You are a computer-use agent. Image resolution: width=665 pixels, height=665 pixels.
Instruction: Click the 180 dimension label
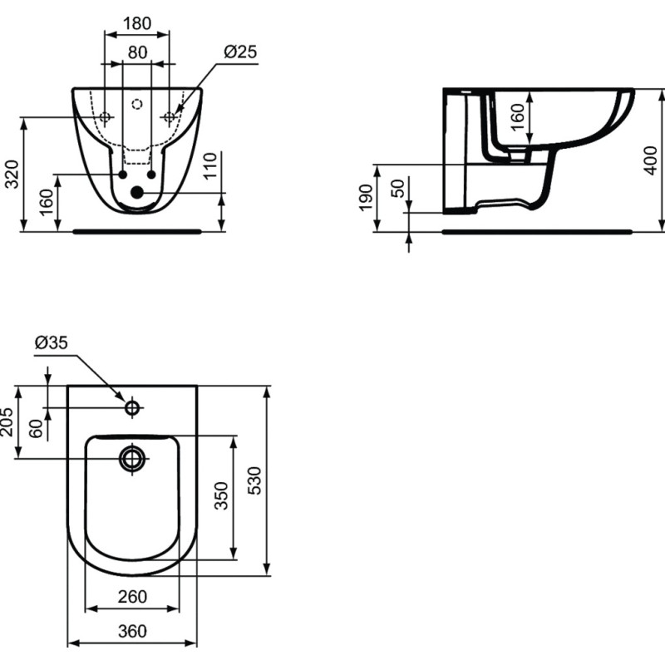[136, 23]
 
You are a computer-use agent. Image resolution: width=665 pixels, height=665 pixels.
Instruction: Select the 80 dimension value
[137, 52]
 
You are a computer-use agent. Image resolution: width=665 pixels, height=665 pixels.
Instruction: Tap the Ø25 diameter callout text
[240, 52]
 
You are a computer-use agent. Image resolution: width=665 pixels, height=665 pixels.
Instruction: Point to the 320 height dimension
[12, 174]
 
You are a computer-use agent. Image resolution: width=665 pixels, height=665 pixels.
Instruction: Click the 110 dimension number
[210, 165]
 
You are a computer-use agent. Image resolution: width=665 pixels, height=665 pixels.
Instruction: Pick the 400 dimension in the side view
[650, 160]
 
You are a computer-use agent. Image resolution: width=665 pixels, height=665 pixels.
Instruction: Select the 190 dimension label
[366, 197]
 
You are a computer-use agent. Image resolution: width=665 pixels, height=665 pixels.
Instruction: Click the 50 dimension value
[398, 189]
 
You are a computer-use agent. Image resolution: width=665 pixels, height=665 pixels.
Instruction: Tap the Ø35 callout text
[52, 342]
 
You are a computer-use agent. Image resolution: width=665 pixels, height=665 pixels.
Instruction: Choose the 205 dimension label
[7, 422]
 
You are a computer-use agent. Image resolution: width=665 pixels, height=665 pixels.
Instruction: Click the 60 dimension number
[36, 428]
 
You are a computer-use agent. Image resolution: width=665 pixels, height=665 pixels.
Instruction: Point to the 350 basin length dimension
[221, 495]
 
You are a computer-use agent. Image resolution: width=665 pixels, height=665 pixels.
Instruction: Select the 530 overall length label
[254, 480]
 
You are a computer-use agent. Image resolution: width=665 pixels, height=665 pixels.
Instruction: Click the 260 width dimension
[132, 597]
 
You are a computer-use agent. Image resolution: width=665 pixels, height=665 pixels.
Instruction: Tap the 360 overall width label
[132, 631]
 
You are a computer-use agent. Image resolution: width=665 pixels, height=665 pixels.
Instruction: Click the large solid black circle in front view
[137, 193]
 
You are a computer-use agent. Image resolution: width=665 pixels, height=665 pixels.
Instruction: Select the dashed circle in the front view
[137, 104]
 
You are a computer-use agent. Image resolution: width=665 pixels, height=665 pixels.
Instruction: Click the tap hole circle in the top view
[132, 408]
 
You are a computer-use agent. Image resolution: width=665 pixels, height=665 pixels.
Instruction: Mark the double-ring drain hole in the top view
[132, 459]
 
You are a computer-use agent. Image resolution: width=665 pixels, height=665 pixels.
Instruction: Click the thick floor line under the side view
[537, 232]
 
